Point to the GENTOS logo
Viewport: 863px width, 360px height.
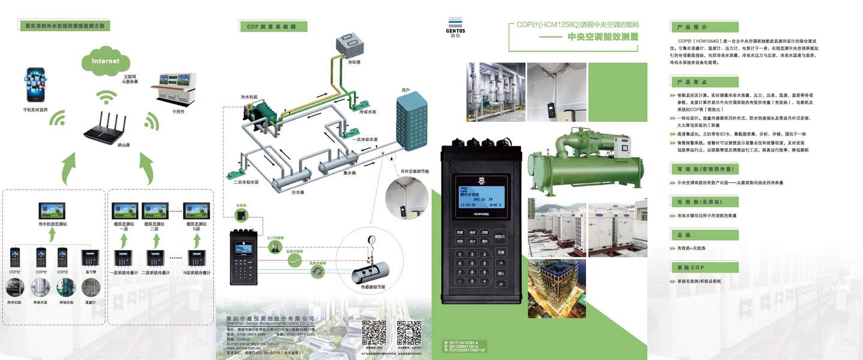point(456,24)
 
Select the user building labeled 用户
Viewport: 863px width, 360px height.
point(411,123)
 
